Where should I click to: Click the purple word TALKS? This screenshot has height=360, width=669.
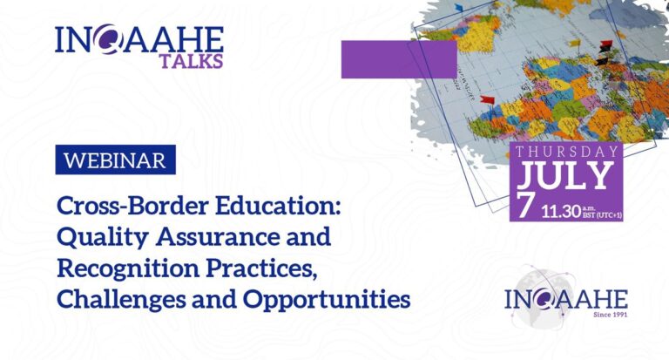191,61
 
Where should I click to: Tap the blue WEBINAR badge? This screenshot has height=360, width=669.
116,160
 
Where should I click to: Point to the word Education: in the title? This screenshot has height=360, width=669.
278,206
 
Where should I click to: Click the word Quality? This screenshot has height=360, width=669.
103,237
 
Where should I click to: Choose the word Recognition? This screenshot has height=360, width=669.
128,268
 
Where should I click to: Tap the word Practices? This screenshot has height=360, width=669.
262,268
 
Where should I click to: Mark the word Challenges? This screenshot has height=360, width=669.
121,299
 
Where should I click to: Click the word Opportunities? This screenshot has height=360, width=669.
327,299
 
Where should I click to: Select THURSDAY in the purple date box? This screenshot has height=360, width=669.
566,152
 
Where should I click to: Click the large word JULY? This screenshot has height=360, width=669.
565,175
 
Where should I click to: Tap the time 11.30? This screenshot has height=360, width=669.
562,212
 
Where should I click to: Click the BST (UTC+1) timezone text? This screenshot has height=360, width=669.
603,214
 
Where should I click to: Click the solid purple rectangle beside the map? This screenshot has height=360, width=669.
399,59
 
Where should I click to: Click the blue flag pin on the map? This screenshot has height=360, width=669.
459,8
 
